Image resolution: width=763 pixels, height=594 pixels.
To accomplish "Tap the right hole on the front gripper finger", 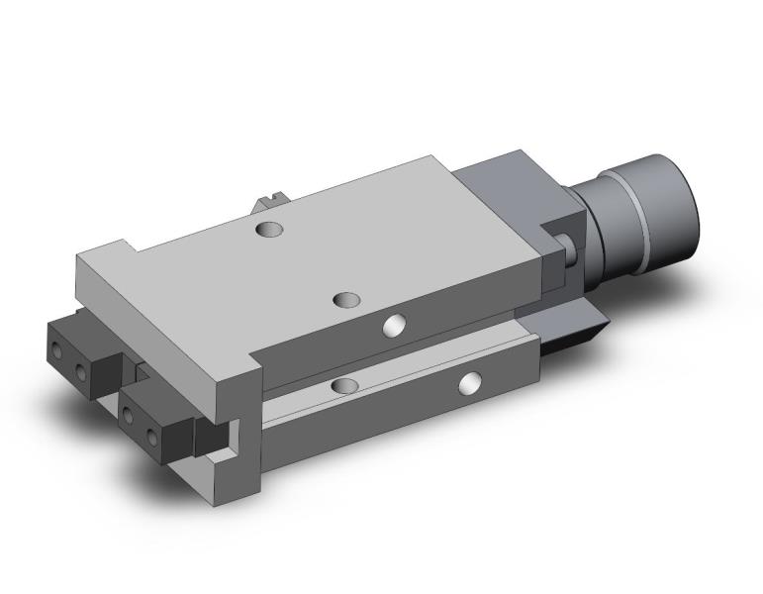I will click(152, 436).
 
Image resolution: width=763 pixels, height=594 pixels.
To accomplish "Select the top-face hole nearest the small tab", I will click(268, 231).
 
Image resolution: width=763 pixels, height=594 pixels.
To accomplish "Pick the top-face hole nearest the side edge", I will click(347, 299).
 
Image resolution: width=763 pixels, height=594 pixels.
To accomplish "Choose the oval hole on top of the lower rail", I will click(347, 383).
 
